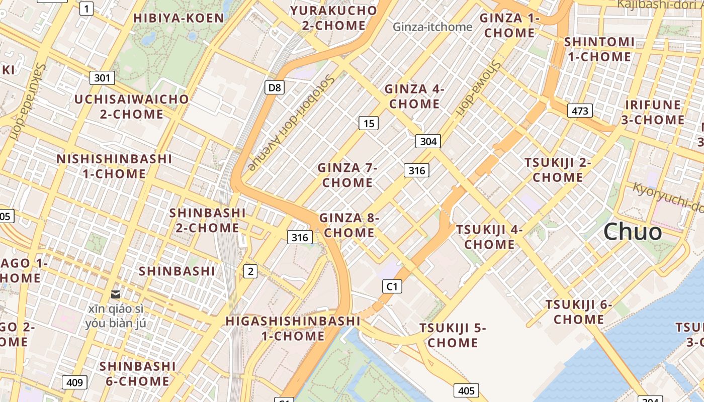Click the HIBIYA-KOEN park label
pyautogui.click(x=179, y=18)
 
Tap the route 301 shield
pyautogui.click(x=102, y=78)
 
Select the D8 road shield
pyautogui.click(x=275, y=88)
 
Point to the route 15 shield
pyautogui.click(x=369, y=123)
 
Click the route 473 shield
pyautogui.click(x=580, y=111)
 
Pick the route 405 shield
pyautogui.click(x=466, y=390)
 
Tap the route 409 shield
pyautogui.click(x=74, y=383)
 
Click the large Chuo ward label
pyautogui.click(x=633, y=232)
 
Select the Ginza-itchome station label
pyautogui.click(x=432, y=27)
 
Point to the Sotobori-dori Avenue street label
pyautogui.click(x=291, y=123)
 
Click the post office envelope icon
pyautogui.click(x=116, y=294)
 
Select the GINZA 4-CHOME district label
pyautogui.click(x=414, y=96)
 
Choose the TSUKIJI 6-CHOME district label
pyautogui.click(x=579, y=312)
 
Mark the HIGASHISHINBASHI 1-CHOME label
pyautogui.click(x=293, y=328)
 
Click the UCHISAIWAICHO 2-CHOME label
pyautogui.click(x=132, y=107)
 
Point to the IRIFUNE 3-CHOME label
pyautogui.click(x=653, y=113)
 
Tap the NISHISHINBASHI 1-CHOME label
pyautogui.click(x=115, y=166)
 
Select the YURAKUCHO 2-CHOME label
pyautogui.click(x=334, y=18)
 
